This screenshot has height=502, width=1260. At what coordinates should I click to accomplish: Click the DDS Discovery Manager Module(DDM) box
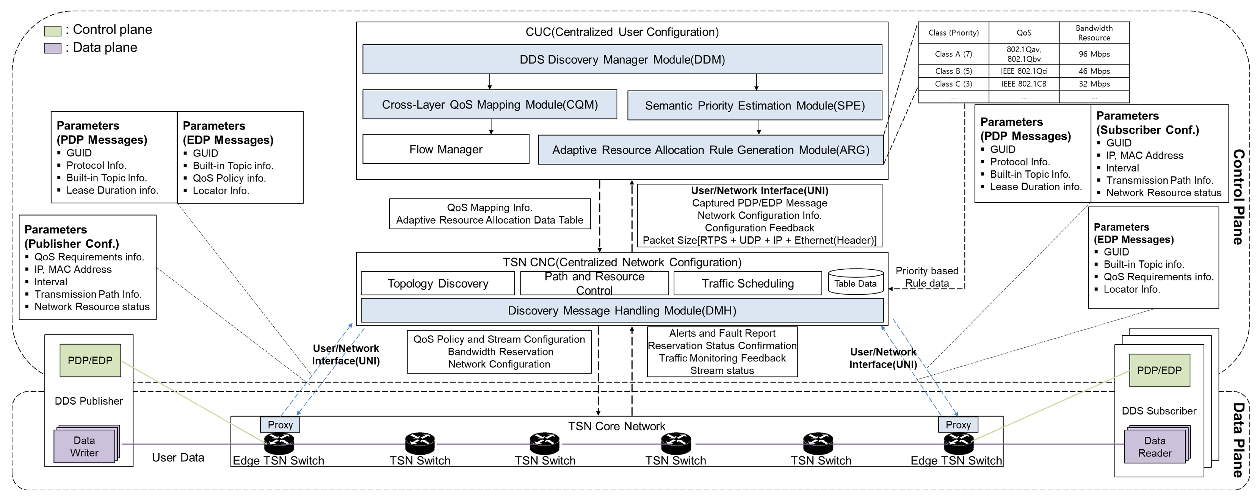(622, 59)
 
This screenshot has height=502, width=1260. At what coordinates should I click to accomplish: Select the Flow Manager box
(446, 149)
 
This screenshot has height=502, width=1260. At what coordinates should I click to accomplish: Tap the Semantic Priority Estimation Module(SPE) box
(754, 106)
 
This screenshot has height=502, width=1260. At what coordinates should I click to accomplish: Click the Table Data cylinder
(856, 283)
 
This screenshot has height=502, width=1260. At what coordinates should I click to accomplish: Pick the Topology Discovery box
(438, 283)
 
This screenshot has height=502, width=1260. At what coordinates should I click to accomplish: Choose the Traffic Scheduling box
(748, 283)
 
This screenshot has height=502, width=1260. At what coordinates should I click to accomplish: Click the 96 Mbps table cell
(1094, 54)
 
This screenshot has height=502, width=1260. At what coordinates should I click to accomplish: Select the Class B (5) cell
(953, 71)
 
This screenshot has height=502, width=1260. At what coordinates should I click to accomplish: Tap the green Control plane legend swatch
(53, 31)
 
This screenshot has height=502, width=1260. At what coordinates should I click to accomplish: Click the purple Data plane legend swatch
(53, 48)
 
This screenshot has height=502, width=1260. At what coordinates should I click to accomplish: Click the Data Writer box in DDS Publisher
(84, 446)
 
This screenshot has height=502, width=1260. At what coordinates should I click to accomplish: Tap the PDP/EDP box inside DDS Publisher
(90, 360)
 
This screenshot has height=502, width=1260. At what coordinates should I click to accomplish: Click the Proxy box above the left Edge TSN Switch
(280, 424)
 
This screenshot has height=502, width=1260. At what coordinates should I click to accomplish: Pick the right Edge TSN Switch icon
(958, 443)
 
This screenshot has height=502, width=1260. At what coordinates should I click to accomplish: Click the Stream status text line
(722, 371)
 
